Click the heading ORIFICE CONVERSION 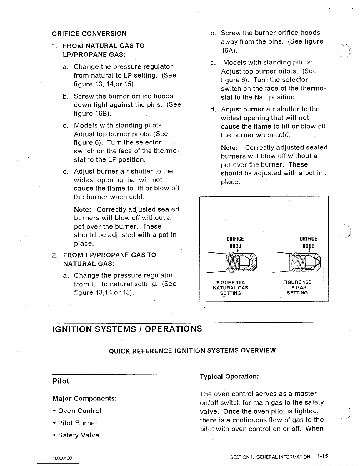click(89, 34)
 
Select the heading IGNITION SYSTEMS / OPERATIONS click(127, 329)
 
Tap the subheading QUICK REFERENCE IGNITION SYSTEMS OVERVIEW click(192, 351)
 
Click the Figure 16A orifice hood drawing click(232, 262)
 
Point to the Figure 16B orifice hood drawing click(297, 262)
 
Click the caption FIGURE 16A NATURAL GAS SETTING click(230, 288)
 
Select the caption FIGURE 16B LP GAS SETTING click(297, 287)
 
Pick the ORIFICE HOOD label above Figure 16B click(308, 242)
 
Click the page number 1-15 click(322, 456)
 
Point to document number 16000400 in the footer click(62, 458)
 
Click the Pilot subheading click(61, 381)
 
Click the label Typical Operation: click(229, 377)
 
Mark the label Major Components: click(85, 398)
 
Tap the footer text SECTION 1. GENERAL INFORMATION click(270, 457)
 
